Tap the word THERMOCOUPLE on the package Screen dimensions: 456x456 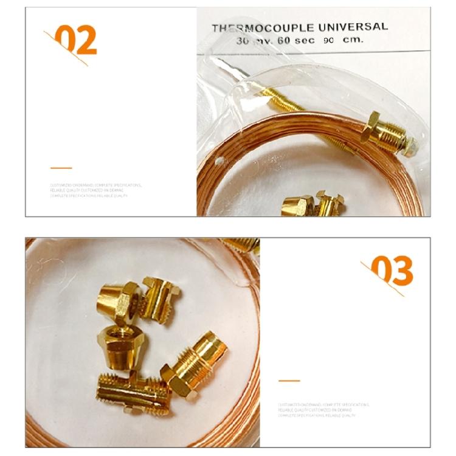[263, 28]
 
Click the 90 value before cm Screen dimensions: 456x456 [329, 40]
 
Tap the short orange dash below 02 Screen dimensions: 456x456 [61, 168]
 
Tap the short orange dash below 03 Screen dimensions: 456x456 [289, 381]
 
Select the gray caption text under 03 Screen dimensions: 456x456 [323, 410]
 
